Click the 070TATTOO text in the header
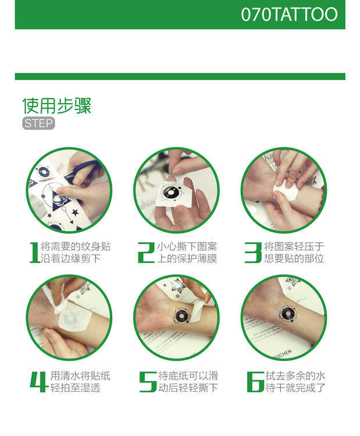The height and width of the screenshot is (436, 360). tap(289, 14)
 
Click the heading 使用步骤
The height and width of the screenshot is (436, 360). tap(56, 106)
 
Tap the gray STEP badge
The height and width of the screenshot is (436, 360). tap(38, 123)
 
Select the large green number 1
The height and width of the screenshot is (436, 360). tap(35, 253)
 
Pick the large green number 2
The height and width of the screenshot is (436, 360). tap(146, 253)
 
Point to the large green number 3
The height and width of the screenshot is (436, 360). tap(253, 253)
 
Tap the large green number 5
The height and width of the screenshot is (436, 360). tap(148, 382)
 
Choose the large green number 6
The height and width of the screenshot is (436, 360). tap(255, 382)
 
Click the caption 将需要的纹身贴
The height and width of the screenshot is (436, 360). tap(76, 247)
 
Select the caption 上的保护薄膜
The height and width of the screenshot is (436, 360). tap(187, 258)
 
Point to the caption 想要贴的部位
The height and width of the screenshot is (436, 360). tap(294, 258)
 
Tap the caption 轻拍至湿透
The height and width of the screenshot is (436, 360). tap(75, 388)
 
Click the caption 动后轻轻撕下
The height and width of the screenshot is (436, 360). tap(188, 388)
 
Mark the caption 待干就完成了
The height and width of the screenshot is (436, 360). tap(295, 388)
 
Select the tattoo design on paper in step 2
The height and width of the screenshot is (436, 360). tap(170, 192)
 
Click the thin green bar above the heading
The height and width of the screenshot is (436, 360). tap(180, 76)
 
